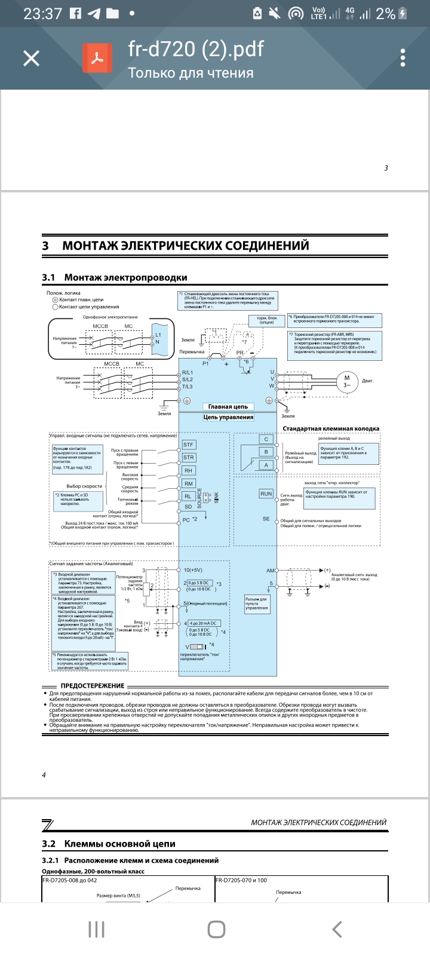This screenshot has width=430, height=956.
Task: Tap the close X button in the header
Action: [31, 58]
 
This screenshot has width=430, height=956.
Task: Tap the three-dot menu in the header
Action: [403, 58]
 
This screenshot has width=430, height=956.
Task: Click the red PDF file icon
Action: [97, 58]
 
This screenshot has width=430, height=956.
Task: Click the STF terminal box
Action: [189, 445]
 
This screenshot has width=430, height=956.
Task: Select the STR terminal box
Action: [189, 458]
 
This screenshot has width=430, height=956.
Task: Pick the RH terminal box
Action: [189, 471]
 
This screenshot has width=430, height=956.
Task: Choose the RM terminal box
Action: [189, 483]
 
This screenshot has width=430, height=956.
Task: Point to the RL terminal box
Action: [188, 496]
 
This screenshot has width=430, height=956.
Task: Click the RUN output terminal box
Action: [266, 494]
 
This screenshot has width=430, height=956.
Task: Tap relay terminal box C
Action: [266, 439]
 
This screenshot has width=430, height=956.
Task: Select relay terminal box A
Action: [266, 465]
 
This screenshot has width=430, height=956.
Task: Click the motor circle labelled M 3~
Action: [346, 381]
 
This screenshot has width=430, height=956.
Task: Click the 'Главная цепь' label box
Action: [228, 406]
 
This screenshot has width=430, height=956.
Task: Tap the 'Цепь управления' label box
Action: [228, 417]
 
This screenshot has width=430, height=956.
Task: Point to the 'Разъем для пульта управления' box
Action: [257, 603]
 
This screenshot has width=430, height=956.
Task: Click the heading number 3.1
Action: [48, 277]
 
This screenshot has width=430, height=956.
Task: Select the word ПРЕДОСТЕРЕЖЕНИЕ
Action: [93, 686]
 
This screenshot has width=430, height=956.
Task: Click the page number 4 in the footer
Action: [44, 776]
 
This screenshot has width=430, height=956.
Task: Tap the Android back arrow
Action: [337, 929]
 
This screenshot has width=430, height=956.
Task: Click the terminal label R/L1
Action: [188, 373]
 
